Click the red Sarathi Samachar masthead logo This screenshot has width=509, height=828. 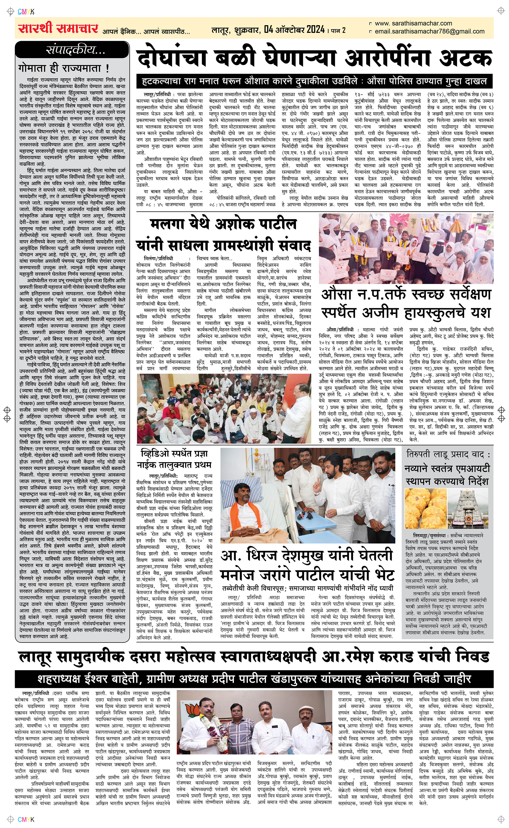58,29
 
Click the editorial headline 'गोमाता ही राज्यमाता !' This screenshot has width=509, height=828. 64,68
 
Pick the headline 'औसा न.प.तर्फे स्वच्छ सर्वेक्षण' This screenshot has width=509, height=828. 406,295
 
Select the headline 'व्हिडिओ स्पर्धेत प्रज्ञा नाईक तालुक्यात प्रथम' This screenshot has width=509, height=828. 175,459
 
